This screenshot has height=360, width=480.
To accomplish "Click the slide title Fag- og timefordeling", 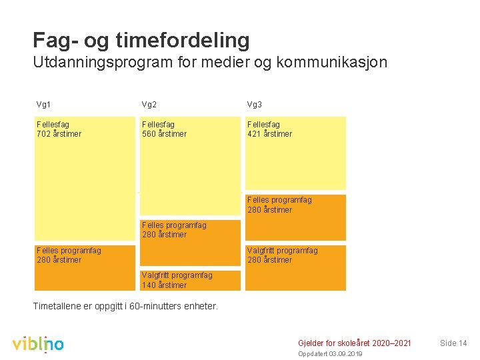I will pyautogui.click(x=141, y=40).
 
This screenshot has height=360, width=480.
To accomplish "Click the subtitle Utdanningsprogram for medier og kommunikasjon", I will pyautogui.click(x=209, y=63).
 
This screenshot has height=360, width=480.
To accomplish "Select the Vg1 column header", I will pyautogui.click(x=44, y=105).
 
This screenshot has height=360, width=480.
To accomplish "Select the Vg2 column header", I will pyautogui.click(x=149, y=105).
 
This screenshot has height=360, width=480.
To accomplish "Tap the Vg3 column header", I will pyautogui.click(x=255, y=105).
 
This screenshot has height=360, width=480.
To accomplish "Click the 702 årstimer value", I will pyautogui.click(x=59, y=134).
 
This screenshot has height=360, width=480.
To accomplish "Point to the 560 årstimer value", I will pyautogui.click(x=164, y=134).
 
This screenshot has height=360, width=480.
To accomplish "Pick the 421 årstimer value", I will pyautogui.click(x=269, y=134).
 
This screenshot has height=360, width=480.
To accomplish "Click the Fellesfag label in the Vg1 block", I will pyautogui.click(x=53, y=125).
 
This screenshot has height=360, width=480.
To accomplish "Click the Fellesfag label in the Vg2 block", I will pyautogui.click(x=158, y=125).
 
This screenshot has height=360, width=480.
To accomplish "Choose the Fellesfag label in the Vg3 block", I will pyautogui.click(x=263, y=125).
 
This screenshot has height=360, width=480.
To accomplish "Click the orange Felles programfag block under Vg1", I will pyautogui.click(x=84, y=267).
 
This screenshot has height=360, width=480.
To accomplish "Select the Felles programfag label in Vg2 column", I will pyautogui.click(x=174, y=225).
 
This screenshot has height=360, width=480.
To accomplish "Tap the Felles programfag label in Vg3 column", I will pyautogui.click(x=279, y=200).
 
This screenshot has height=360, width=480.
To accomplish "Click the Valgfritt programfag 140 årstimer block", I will pyautogui.click(x=189, y=280).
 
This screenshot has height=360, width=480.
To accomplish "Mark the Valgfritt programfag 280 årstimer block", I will pyautogui.click(x=295, y=267).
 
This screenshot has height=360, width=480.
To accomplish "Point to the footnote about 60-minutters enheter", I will pyautogui.click(x=125, y=307).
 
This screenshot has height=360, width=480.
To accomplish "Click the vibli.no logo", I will pyautogui.click(x=38, y=343).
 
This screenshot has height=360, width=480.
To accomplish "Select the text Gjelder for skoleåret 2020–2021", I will pyautogui.click(x=354, y=343).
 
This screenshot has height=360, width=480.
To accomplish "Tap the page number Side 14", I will pyautogui.click(x=453, y=343).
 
